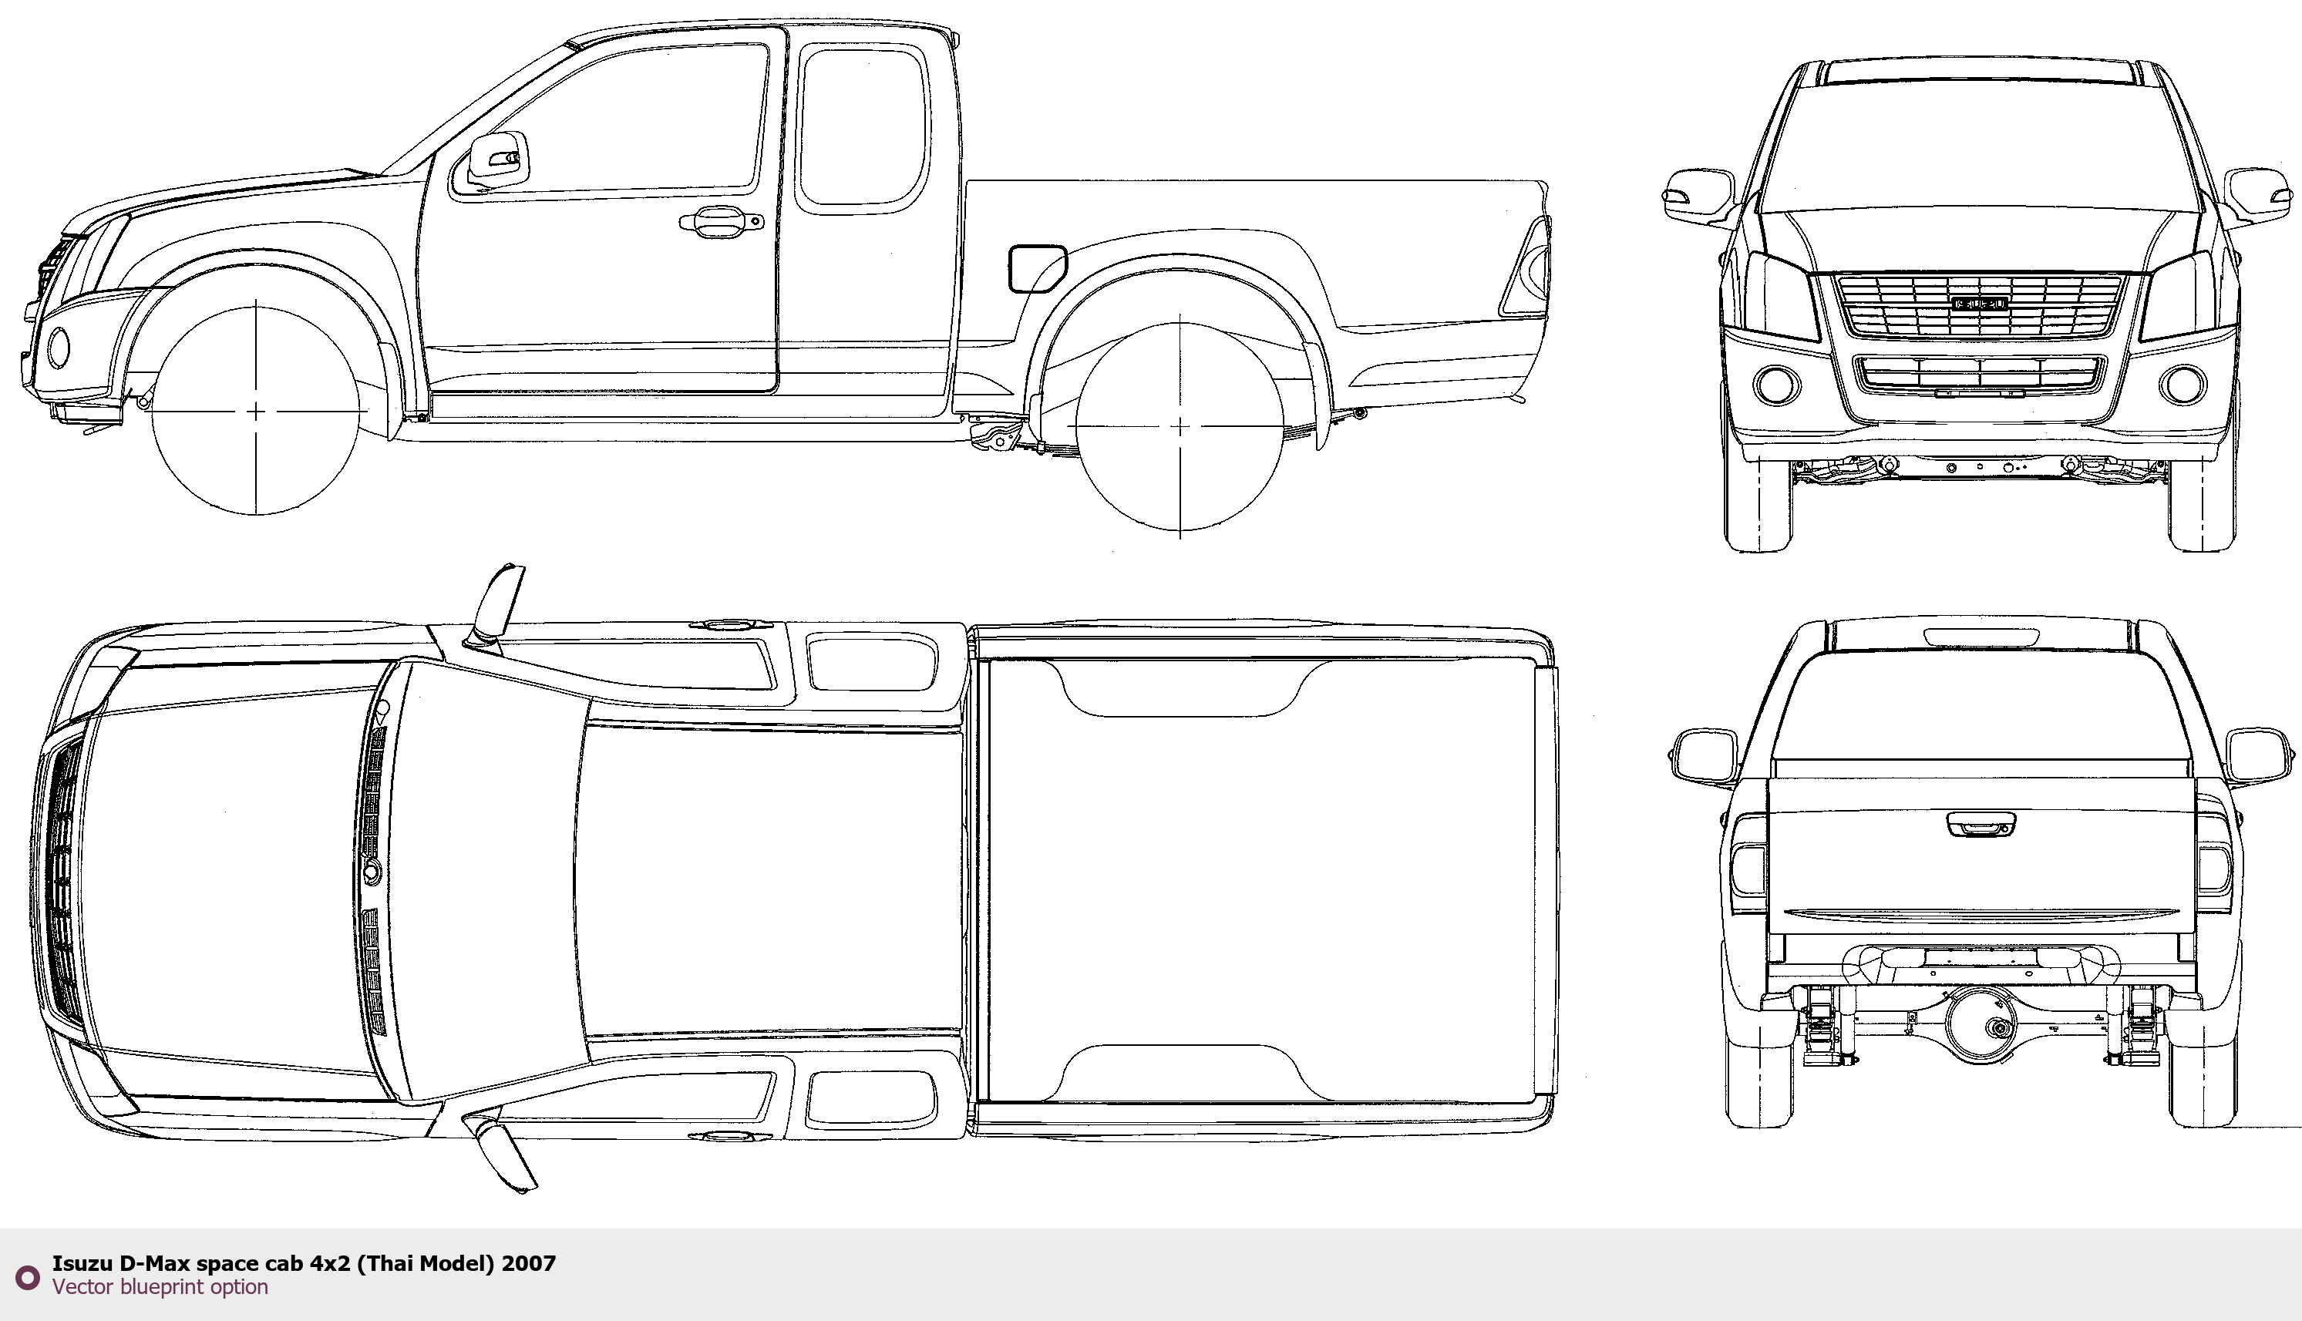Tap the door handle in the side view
click(721, 221)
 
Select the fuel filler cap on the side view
click(1037, 268)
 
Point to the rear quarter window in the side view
click(863, 127)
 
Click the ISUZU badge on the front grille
click(1979, 303)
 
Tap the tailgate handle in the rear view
click(1981, 823)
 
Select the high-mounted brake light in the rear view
click(1982, 637)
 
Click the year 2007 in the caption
click(529, 1263)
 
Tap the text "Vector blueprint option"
click(160, 1286)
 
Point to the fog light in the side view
click(58, 348)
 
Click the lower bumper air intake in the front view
click(1978, 374)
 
